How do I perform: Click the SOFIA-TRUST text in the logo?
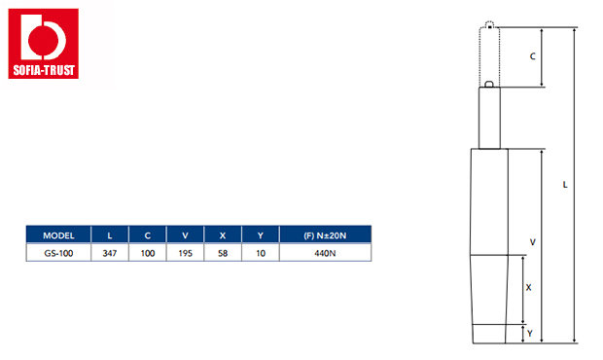44,70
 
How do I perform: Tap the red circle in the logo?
43,39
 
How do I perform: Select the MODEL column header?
58,235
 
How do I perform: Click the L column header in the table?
110,235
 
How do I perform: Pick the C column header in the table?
147,235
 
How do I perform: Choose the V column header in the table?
185,235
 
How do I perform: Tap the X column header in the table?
223,235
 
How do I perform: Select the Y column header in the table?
261,235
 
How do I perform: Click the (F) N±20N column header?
325,235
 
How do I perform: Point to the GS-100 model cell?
58,253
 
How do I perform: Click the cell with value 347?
110,253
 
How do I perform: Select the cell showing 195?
185,253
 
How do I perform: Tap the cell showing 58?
223,253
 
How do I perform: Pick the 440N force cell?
325,253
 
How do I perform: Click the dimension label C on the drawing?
533,56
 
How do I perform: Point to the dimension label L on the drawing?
565,185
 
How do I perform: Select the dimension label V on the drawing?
533,242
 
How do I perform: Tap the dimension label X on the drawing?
528,287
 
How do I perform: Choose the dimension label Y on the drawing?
530,334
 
